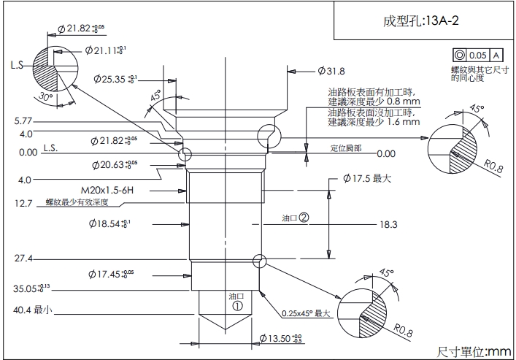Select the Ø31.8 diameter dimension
tap(331, 71)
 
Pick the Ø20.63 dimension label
tap(115, 165)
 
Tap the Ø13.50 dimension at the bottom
tap(281, 338)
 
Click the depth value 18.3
tap(388, 224)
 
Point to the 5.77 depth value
tap(23, 120)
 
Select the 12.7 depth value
tap(24, 204)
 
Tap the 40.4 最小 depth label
tap(31, 310)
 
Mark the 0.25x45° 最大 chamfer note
tap(307, 314)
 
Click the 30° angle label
tap(47, 97)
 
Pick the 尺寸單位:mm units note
tap(474, 351)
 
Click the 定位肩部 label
tap(344, 148)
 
